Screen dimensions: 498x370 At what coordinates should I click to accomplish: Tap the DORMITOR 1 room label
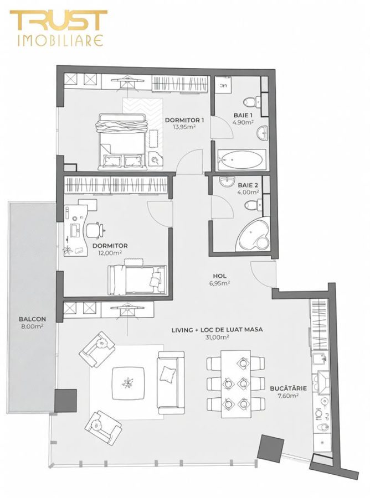click(185, 120)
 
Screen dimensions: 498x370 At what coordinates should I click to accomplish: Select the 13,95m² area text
click(184, 127)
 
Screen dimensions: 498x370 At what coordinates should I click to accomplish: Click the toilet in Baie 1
click(255, 102)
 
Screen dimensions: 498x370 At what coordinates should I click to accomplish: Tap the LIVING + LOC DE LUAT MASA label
click(217, 329)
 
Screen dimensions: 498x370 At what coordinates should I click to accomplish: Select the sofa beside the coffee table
click(168, 382)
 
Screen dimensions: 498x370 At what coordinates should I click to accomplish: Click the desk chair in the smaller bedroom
click(96, 228)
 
